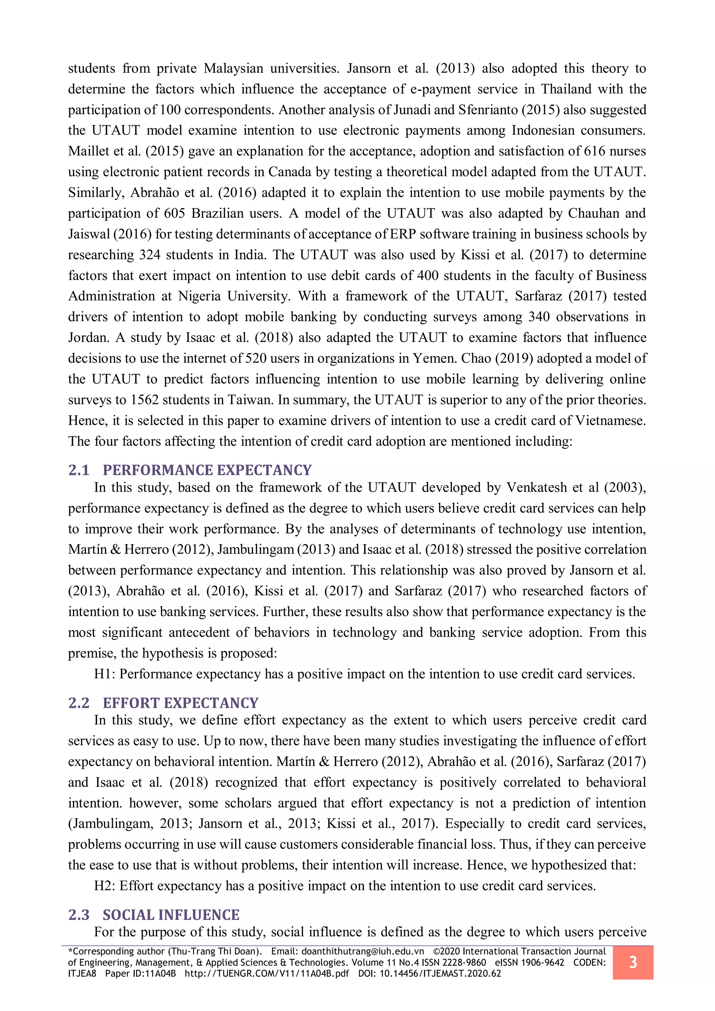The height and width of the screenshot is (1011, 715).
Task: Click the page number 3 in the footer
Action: click(633, 962)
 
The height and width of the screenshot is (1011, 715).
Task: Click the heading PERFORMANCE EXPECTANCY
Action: click(207, 470)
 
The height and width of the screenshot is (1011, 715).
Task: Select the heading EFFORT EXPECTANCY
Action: click(180, 703)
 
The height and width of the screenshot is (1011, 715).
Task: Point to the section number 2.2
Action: click(79, 703)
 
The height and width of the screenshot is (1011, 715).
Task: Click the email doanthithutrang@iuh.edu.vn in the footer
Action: click(362, 951)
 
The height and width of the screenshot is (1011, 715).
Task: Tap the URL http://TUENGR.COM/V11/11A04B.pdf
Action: click(266, 973)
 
